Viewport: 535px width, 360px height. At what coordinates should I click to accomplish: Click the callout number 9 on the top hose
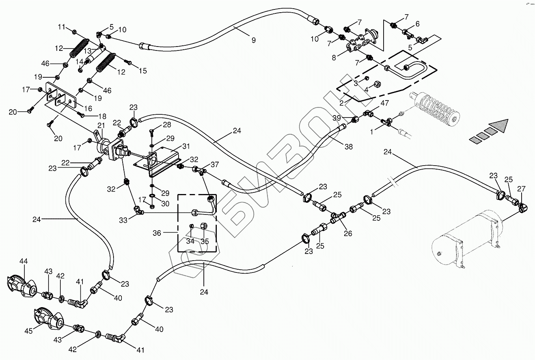(253, 40)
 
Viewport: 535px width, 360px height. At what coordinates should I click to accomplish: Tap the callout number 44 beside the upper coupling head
(24, 261)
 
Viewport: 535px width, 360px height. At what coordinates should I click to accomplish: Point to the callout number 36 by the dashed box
(157, 233)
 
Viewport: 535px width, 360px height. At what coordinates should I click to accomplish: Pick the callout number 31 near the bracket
(186, 146)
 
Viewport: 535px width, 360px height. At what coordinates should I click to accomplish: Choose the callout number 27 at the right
(521, 189)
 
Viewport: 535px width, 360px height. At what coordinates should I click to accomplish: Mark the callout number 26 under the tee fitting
(348, 233)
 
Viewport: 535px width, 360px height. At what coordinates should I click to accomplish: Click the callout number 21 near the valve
(101, 125)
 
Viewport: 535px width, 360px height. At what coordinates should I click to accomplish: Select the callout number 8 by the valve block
(334, 58)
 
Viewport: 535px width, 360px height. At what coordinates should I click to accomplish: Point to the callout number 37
(214, 164)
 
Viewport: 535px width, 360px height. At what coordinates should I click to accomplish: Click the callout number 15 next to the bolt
(142, 71)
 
